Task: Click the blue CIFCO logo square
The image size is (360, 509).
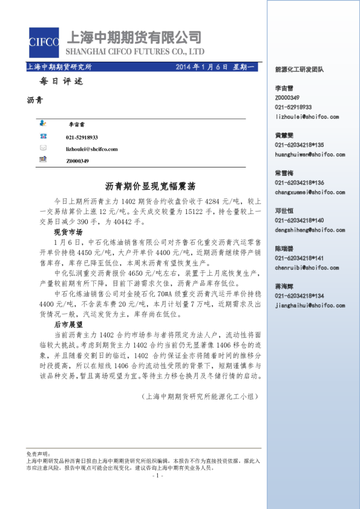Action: [43, 41]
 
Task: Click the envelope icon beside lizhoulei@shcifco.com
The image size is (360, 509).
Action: [43, 148]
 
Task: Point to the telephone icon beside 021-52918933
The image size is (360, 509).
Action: [43, 137]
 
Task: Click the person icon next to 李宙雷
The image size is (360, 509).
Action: [43, 123]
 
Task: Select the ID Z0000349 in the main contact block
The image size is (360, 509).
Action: [77, 161]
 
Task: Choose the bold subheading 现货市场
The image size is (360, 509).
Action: [68, 232]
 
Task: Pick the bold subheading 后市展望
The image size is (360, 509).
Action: [68, 325]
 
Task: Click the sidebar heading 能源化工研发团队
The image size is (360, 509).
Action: [299, 70]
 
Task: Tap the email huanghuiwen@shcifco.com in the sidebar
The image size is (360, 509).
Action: [310, 155]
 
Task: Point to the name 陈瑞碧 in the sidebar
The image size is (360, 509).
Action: [284, 248]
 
